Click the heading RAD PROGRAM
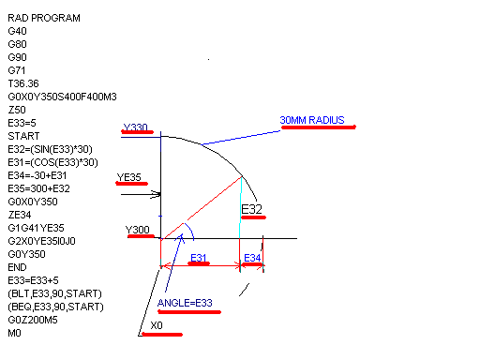coord(44,18)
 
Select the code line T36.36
coord(23,83)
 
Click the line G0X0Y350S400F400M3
coord(62,97)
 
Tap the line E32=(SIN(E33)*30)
coord(50,149)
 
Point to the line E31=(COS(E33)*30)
coord(52,162)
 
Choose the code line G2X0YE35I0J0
coord(41,241)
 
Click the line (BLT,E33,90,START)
coord(55,293)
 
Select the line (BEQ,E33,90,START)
coord(55,307)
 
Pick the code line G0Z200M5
coord(33,320)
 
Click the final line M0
coord(14,333)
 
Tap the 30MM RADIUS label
coord(312,120)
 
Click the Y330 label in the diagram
coord(135,127)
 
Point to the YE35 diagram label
coord(128,177)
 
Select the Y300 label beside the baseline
coord(138,230)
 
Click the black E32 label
coord(251,209)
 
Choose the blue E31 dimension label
coord(199,258)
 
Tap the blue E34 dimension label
coord(252,258)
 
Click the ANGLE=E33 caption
coord(185,303)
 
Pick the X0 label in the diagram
coord(157,325)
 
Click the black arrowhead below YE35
coord(157,194)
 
